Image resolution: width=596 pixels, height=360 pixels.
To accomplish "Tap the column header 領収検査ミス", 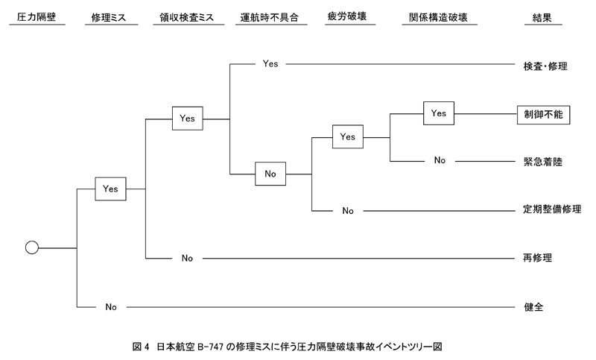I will coord(192,16).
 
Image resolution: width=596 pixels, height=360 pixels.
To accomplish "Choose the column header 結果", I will coord(542,16).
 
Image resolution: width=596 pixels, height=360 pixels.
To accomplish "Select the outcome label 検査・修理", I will coord(545,65).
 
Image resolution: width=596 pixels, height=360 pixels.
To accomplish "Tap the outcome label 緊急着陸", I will coord(541,161).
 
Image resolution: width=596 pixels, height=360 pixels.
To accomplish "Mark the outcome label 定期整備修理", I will coord(551,210).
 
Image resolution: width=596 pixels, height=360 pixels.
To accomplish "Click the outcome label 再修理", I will coord(536,258).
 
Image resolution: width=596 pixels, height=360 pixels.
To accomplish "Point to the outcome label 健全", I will coord(533,306).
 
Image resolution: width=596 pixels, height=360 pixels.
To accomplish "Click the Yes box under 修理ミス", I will coord(110,189).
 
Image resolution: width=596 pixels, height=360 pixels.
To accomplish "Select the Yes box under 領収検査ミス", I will coord(187,118).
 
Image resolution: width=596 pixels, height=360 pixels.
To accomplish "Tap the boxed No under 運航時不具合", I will coord(270,173).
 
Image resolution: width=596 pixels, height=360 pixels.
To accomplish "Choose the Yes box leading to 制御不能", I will coord(439,113).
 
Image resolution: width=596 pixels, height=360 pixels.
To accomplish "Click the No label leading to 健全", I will coord(110,306).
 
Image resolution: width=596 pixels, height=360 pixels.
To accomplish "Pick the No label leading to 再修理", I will coord(187,258).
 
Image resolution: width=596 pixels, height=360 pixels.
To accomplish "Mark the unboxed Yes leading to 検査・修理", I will coord(270,64).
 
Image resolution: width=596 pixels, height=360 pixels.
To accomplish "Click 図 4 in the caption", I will coord(142,346).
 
